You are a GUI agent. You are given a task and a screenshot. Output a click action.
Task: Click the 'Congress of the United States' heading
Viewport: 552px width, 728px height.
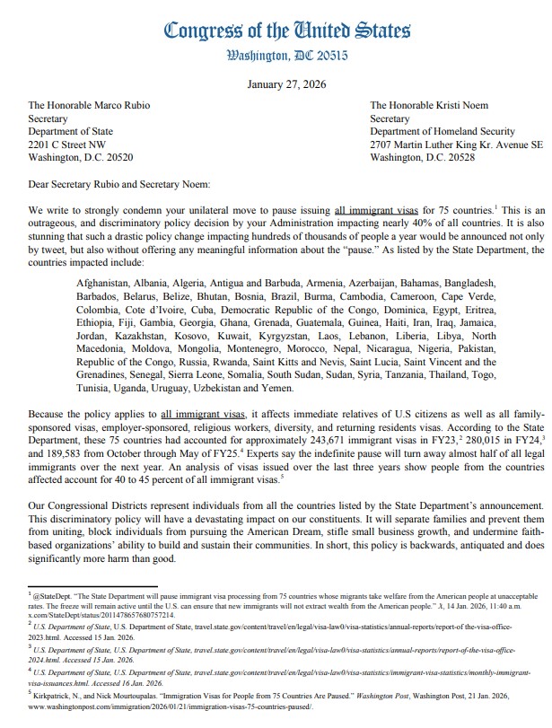pos(275,30)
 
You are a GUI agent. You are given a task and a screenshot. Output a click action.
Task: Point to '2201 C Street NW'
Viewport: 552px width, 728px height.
pos(67,144)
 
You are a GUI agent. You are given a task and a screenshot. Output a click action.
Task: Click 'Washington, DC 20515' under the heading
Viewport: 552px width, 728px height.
pos(275,56)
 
